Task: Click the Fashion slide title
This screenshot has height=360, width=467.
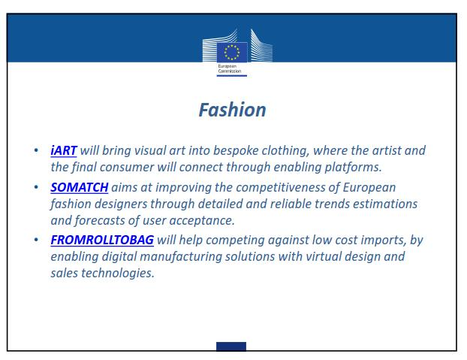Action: (x=232, y=110)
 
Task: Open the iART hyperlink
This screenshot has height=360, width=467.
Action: (x=64, y=150)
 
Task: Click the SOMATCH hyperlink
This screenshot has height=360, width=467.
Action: (x=80, y=187)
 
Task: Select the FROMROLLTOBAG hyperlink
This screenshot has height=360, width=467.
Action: (x=102, y=240)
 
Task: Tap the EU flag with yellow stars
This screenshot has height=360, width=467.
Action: (x=232, y=53)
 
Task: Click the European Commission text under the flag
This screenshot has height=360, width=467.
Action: (x=230, y=69)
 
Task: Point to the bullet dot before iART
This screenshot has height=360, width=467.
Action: (x=36, y=150)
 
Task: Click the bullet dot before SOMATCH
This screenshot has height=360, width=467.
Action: (x=36, y=187)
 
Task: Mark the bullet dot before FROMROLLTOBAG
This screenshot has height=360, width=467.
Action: (x=36, y=240)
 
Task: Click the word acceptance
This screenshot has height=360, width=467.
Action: (x=202, y=221)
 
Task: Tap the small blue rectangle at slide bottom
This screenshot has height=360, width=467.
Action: (x=231, y=346)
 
